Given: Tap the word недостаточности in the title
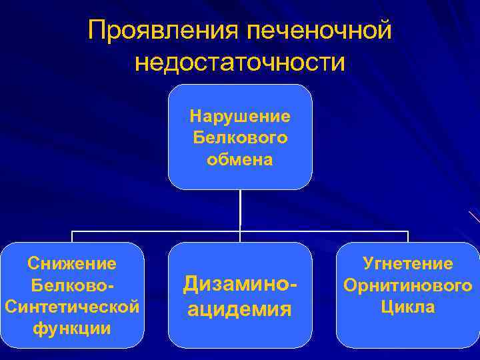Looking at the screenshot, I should coord(240,63).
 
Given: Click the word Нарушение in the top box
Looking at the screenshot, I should coord(240,117).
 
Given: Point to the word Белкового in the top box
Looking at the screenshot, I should coord(240,138).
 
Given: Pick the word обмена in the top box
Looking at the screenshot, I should coord(240,160).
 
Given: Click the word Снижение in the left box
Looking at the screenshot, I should coord(72,263).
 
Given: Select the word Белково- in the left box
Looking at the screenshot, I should coord(72,285).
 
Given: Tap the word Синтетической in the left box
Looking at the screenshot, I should coord(72,307).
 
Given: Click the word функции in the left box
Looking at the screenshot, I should coord(72,329).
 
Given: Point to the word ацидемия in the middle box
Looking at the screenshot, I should coord(240,309).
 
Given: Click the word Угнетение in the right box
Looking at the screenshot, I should coord(408,264).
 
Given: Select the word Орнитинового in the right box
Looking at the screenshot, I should coord(408,285).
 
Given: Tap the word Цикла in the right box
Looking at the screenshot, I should coord(408,307).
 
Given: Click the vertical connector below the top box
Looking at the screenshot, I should coord(240,210).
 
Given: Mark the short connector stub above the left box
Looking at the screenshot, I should coord(72,237).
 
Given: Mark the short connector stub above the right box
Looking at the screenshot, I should coord(408,237).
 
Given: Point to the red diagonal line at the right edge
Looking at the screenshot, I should coord(474,216).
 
